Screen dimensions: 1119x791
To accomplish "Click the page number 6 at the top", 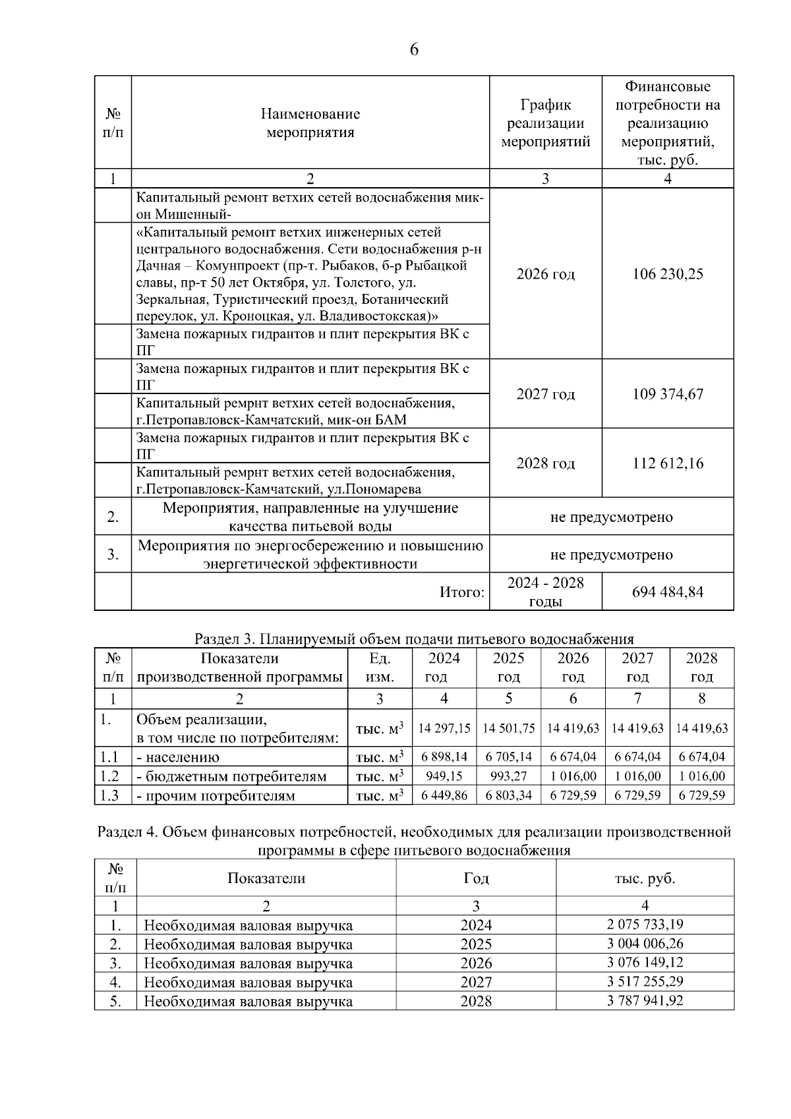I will click(414, 50).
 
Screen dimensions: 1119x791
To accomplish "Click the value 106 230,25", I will click(668, 274).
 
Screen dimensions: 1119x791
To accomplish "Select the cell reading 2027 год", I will click(545, 394).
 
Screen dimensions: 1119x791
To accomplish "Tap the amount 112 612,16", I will click(668, 463).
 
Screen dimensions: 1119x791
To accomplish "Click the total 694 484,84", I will click(668, 592).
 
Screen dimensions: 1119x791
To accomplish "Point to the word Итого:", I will click(462, 592).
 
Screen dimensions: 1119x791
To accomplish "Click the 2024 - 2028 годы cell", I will click(545, 592).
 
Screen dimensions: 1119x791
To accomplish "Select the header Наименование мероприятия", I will click(310, 123).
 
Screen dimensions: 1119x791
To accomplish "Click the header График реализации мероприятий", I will click(545, 123).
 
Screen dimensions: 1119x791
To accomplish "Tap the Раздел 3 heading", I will click(414, 639).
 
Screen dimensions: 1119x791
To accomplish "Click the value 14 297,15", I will click(444, 728).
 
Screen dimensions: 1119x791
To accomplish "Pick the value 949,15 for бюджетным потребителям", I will click(444, 776).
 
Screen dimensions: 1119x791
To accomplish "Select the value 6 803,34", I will click(508, 795).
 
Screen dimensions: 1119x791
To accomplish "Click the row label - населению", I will click(178, 757).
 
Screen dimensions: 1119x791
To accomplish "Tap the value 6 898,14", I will click(444, 757).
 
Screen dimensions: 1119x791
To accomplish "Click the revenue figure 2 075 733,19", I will click(645, 925).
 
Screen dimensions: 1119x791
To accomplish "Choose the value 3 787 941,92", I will click(645, 1001).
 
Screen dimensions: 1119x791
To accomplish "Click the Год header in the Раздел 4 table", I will click(476, 878).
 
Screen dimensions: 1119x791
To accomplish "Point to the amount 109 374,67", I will click(668, 394).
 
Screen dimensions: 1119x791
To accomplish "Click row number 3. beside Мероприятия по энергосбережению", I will click(113, 554).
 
